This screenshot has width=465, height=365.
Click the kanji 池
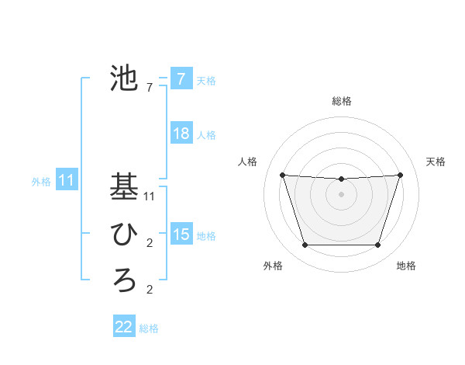[125, 78]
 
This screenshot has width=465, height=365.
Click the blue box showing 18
[181, 134]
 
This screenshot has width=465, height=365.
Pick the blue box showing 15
[181, 235]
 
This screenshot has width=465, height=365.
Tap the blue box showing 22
[124, 327]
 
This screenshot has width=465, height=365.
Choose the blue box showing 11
[66, 181]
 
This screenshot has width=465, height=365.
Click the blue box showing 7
[181, 79]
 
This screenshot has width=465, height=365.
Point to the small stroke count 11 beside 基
[150, 196]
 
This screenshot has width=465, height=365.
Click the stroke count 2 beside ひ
[150, 244]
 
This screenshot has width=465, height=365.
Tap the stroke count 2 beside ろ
[150, 290]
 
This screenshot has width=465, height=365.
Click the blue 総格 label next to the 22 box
[149, 328]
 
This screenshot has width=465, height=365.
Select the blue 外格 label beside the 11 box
[41, 182]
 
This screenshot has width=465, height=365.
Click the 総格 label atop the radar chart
[341, 101]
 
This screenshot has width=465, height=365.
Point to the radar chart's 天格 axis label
[436, 162]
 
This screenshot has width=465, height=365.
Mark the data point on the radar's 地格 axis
[378, 245]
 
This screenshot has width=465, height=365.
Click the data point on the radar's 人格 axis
[282, 175]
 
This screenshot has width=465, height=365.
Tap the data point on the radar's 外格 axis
[305, 245]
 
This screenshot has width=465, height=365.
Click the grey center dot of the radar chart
[341, 194]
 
